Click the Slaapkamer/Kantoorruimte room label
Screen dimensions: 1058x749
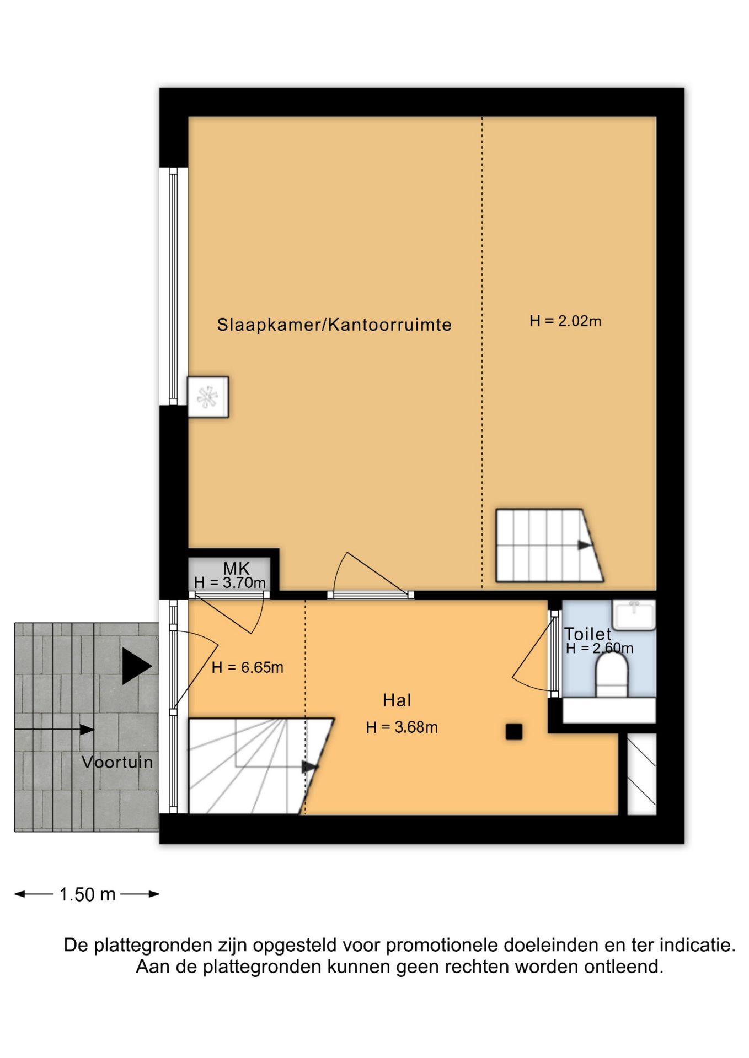point(334,325)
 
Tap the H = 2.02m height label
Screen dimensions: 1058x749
point(565,321)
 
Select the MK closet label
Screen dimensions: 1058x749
point(236,568)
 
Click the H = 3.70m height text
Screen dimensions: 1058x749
point(229,582)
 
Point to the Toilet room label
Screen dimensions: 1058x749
point(587,634)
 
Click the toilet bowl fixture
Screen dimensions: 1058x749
point(612,678)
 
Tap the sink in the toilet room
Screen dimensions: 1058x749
point(634,614)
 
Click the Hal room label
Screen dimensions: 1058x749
point(397,700)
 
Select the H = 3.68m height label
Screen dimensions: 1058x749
point(402,727)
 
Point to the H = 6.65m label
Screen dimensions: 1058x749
point(247,667)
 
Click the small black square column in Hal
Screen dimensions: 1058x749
point(513,732)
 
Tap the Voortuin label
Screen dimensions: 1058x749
point(117,762)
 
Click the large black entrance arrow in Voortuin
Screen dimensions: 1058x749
point(136,666)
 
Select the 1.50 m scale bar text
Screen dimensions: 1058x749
point(87,894)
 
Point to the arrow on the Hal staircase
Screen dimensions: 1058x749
point(310,766)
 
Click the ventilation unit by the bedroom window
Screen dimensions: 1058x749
point(208,397)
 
